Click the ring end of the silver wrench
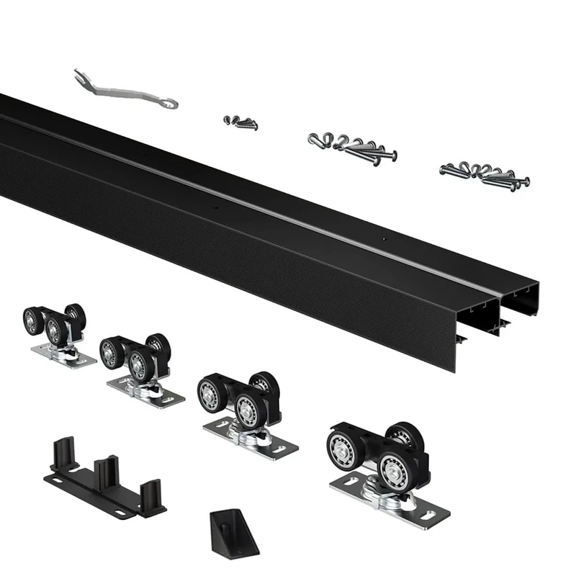(170, 104)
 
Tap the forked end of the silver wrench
(80, 74)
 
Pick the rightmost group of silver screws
(485, 176)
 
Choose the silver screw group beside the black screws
(353, 147)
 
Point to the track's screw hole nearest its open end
(384, 238)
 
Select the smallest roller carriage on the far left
(56, 333)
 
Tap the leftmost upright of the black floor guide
(63, 452)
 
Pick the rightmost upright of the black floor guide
(152, 497)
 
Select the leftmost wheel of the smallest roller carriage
(33, 320)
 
